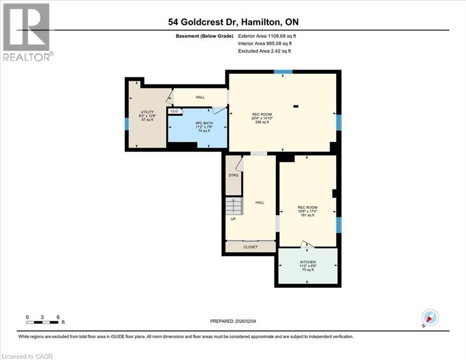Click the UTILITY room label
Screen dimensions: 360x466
pos(146,111)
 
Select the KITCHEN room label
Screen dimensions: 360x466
pos(308,262)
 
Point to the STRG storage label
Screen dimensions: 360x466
pos(233,175)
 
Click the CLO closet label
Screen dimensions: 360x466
pos(174,111)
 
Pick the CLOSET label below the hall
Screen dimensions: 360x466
pos(250,247)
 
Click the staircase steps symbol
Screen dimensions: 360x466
pos(234,205)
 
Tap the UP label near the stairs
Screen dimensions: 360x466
pos(233,218)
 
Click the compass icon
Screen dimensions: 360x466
pos(429,317)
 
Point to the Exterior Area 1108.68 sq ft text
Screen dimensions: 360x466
pos(267,36)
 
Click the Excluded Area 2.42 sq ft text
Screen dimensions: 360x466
pos(264,51)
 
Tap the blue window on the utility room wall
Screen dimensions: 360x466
pos(126,124)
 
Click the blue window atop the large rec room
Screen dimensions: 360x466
pos(283,72)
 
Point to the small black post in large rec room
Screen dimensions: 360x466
pos(296,106)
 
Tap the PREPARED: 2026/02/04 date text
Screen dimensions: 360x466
pos(233,321)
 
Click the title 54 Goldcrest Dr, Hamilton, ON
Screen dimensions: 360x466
pos(233,22)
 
